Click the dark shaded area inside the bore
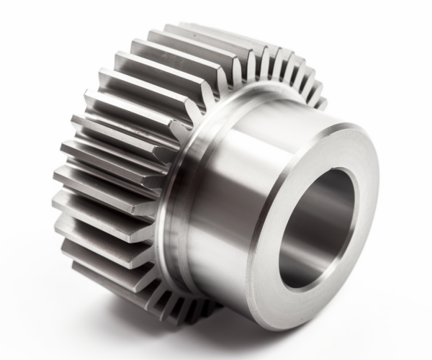tap(328, 209)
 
